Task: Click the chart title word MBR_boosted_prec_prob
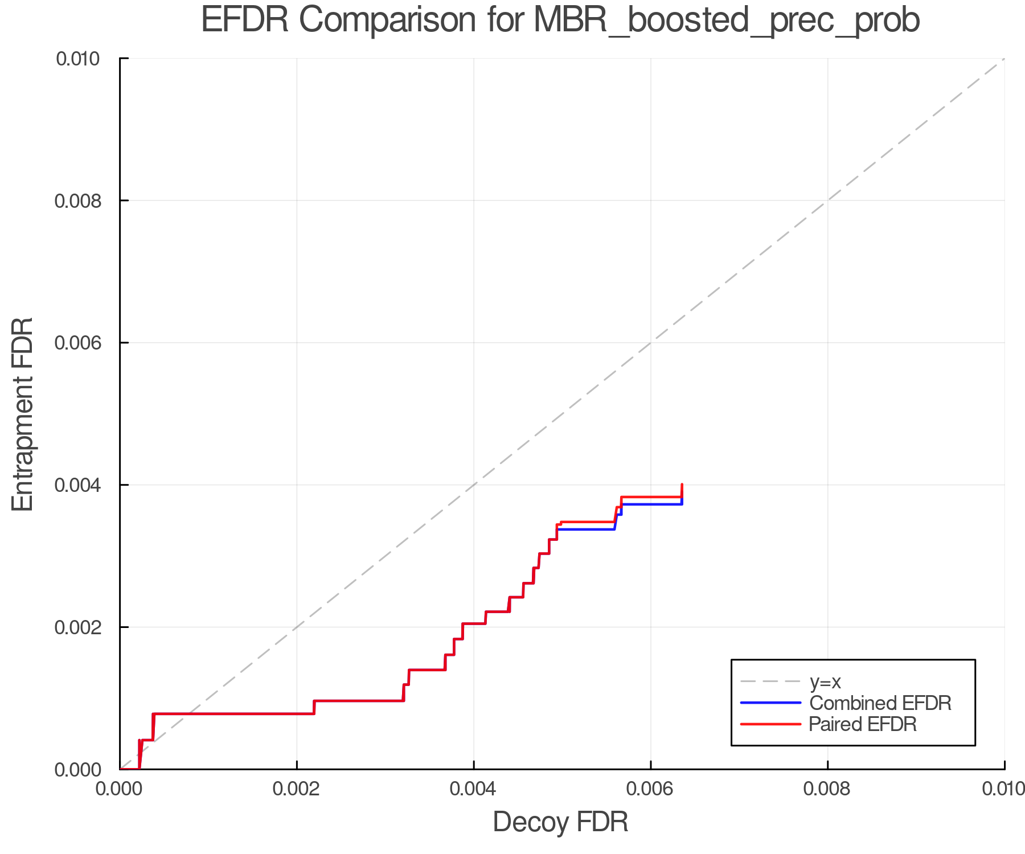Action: pyautogui.click(x=727, y=20)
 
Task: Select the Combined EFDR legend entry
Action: pyautogui.click(x=880, y=703)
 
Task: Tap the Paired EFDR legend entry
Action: pyautogui.click(x=863, y=724)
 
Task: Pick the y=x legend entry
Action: pyautogui.click(x=825, y=681)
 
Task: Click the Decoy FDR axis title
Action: pyautogui.click(x=560, y=822)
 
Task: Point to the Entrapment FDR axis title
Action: pyautogui.click(x=23, y=414)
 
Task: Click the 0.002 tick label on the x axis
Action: pyautogui.click(x=297, y=789)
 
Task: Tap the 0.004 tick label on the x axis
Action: pyautogui.click(x=474, y=789)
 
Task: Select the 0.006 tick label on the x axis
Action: pyautogui.click(x=650, y=789)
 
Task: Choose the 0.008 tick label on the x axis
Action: pyautogui.click(x=827, y=789)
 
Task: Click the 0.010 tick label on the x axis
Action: pyautogui.click(x=1003, y=789)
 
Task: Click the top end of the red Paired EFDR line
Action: pyautogui.click(x=682, y=485)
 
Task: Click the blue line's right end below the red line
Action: pyautogui.click(x=681, y=504)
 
